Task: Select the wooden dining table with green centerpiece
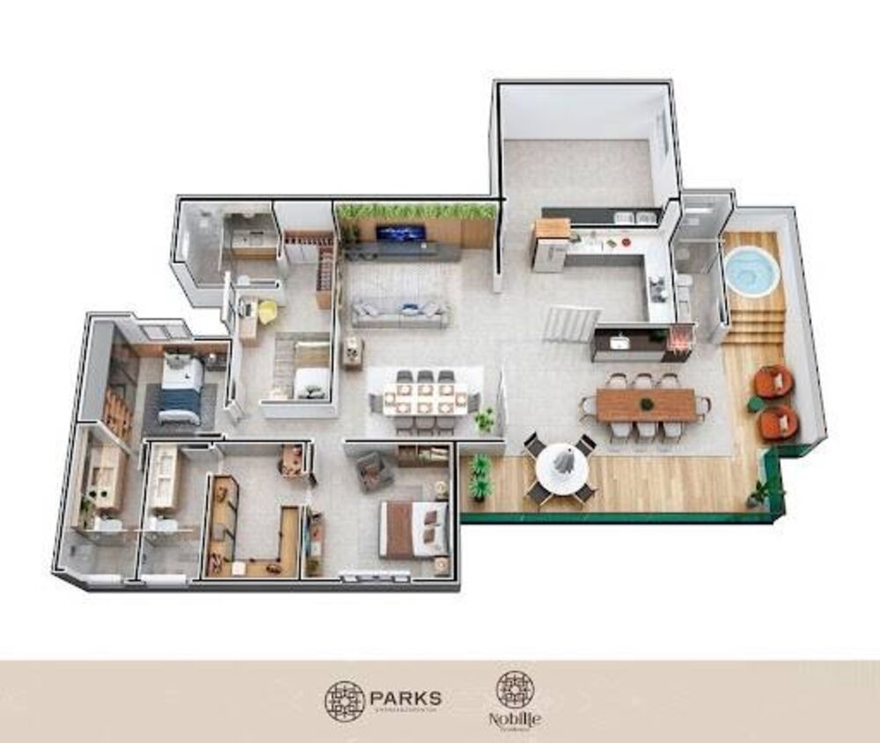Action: [646, 405]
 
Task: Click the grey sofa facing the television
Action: [400, 313]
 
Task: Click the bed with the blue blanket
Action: [182, 387]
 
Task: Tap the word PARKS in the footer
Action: [407, 699]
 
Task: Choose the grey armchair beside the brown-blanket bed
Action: [376, 471]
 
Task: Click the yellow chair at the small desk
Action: [267, 312]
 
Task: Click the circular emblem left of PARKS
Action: [344, 702]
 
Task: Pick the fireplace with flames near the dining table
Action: [680, 339]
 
